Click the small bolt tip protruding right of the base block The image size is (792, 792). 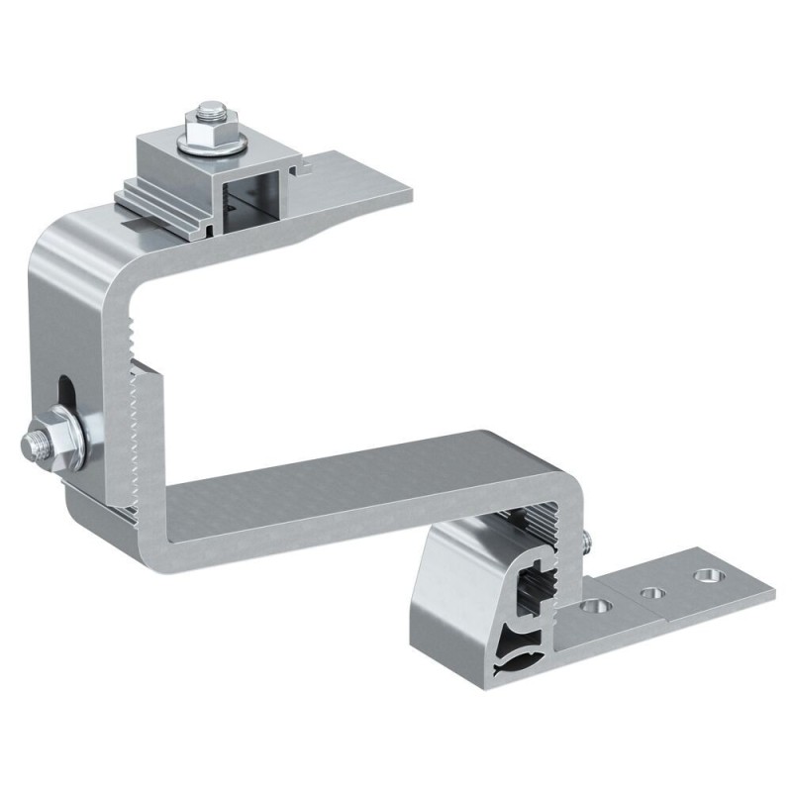[588, 541]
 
